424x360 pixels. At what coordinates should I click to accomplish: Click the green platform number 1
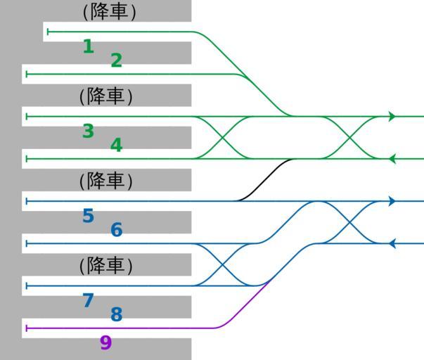(88, 47)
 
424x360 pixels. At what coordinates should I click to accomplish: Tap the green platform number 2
(116, 61)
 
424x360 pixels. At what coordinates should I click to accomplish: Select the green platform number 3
(88, 131)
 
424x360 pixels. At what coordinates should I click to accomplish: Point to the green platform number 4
(116, 146)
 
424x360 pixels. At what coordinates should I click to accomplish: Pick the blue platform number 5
(88, 216)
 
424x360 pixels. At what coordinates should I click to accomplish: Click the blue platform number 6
(116, 230)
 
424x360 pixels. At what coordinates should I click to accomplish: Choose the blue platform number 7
(88, 301)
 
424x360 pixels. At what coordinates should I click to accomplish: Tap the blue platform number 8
(116, 315)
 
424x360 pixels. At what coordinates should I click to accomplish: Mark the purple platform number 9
(105, 343)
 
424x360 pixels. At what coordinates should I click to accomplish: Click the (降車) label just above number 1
(109, 12)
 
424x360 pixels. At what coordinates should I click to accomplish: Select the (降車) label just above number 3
(106, 96)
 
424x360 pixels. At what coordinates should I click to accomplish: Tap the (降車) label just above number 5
(106, 181)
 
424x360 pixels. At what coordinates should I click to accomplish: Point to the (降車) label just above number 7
(106, 265)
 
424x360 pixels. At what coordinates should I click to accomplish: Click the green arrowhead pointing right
(392, 117)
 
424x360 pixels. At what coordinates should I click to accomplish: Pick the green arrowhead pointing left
(392, 159)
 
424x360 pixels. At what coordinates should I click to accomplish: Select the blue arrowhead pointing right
(392, 201)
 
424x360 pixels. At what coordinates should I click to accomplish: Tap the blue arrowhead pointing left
(392, 243)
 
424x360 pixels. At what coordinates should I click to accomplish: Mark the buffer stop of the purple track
(26, 328)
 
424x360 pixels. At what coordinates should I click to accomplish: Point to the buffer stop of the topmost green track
(48, 32)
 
